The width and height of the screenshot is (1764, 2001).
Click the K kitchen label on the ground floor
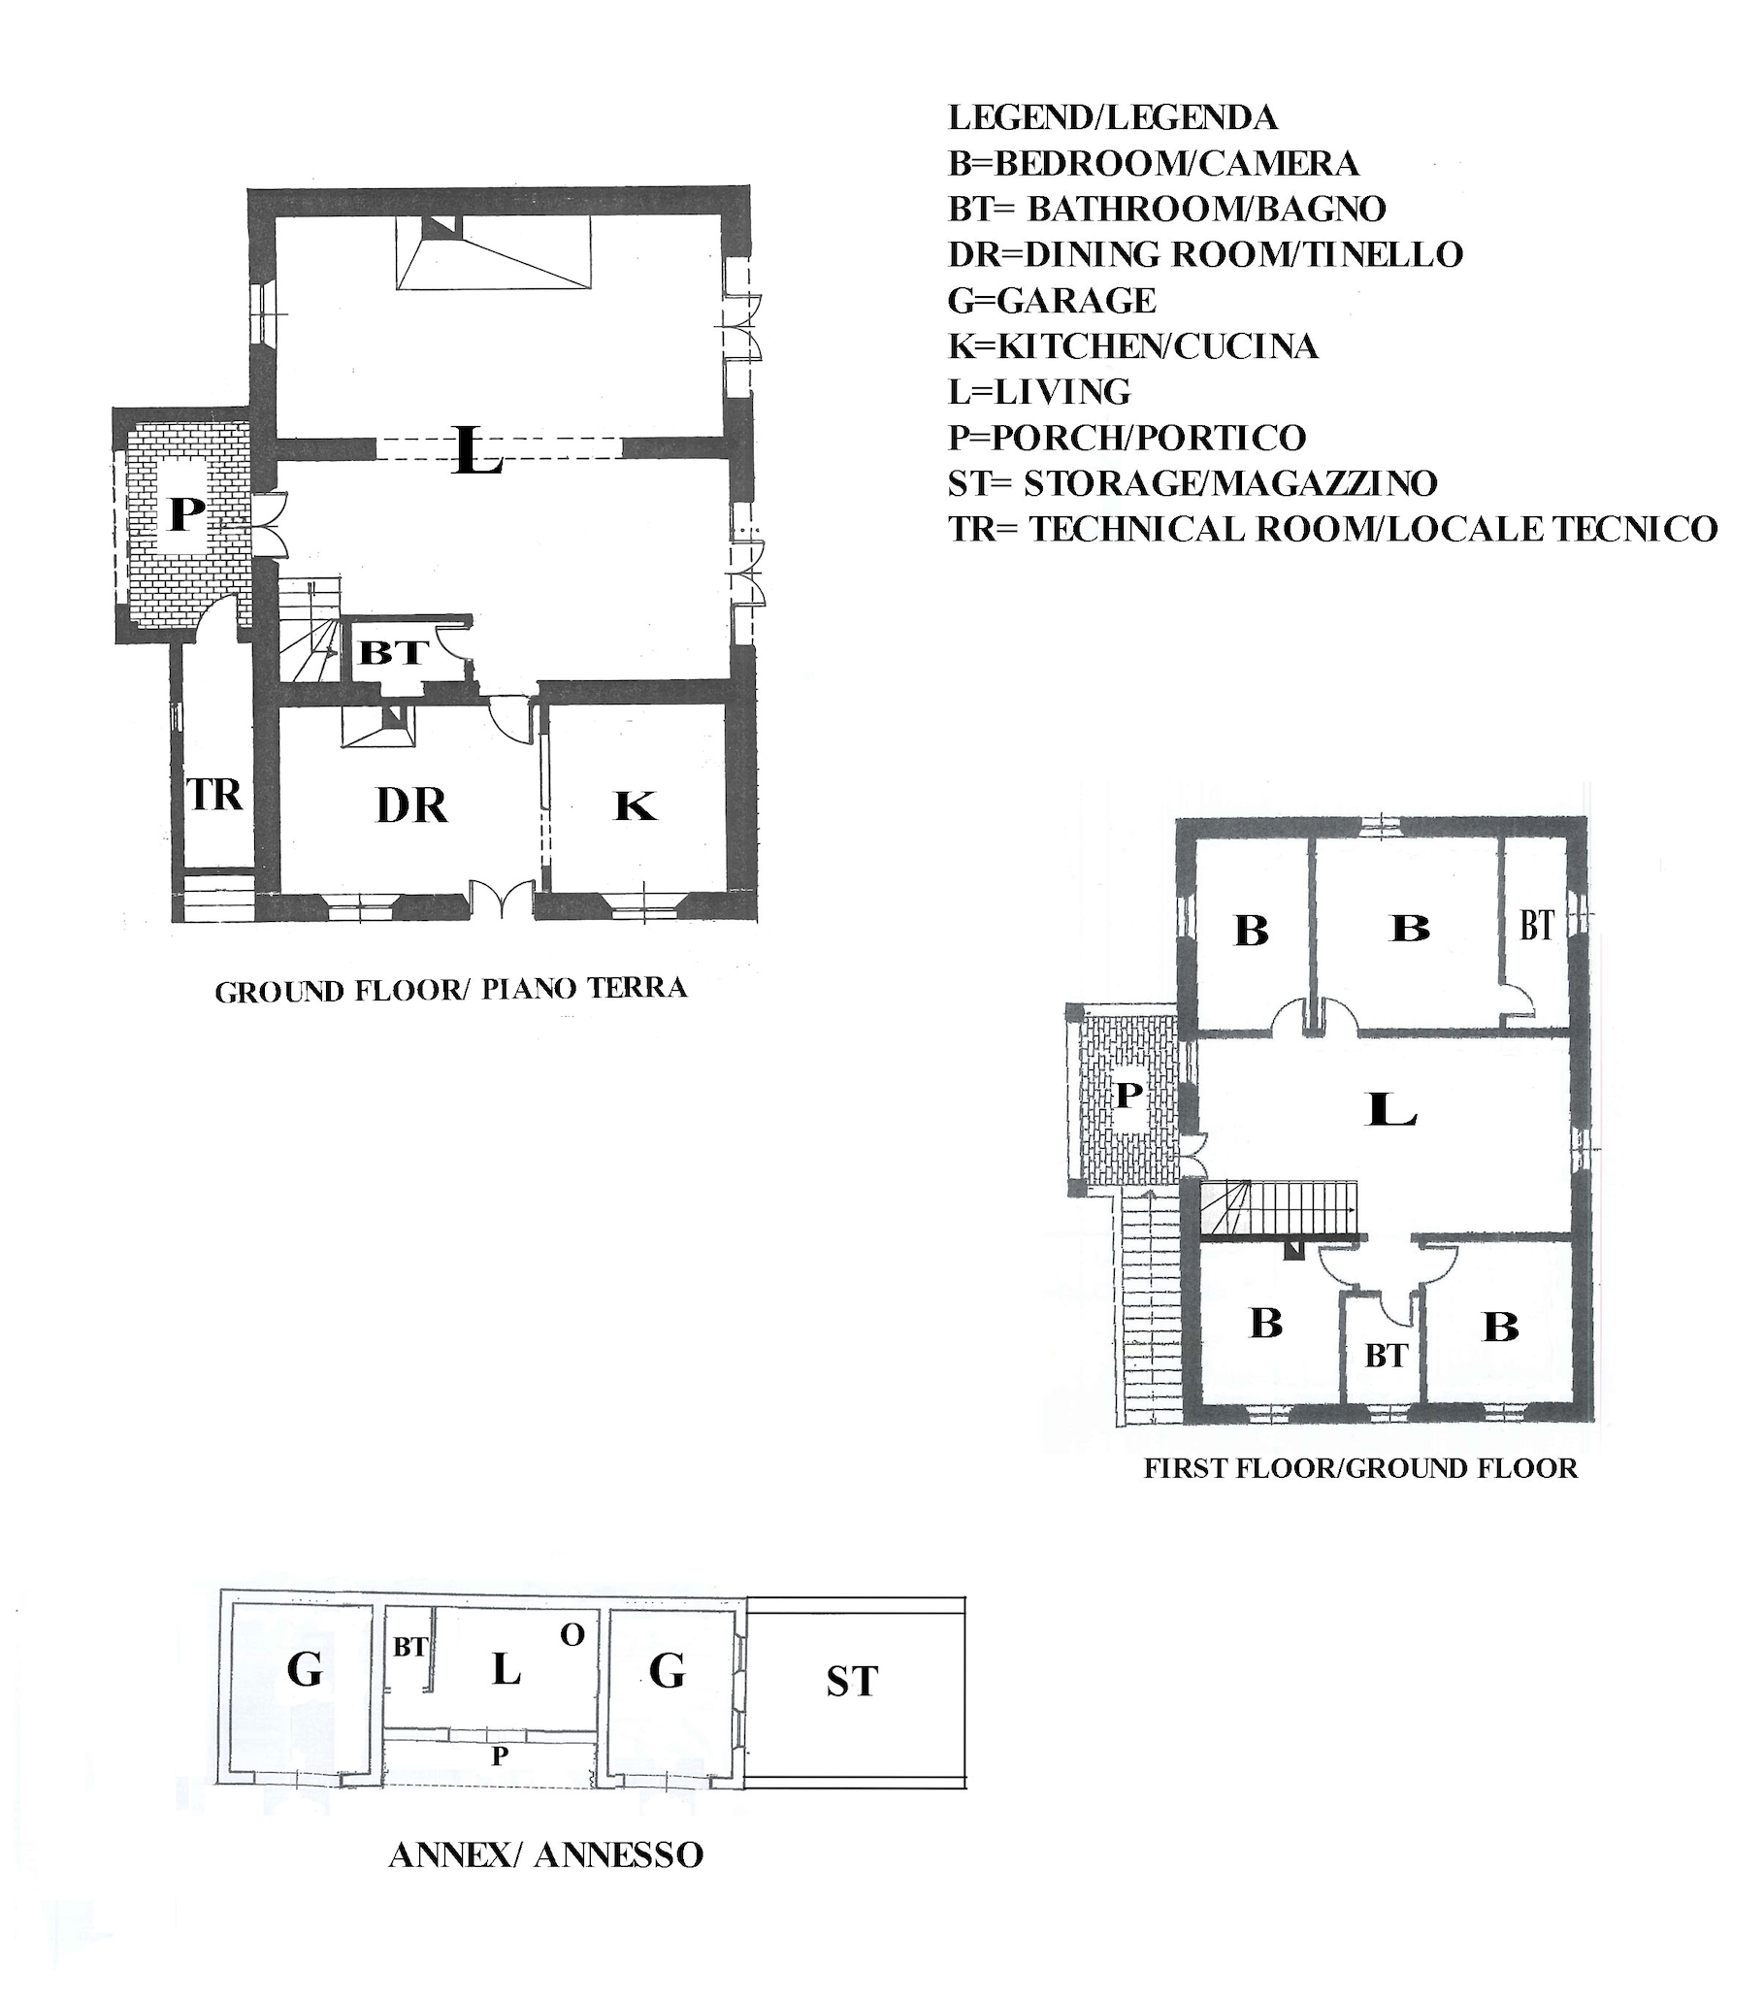click(x=635, y=806)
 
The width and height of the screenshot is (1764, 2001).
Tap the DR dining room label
click(x=411, y=805)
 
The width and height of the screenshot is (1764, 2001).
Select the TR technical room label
click(x=213, y=795)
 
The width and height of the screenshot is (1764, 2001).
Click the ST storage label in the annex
click(x=852, y=1682)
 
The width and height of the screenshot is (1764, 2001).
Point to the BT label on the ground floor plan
click(x=394, y=652)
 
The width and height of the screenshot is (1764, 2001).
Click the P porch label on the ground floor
click(x=186, y=514)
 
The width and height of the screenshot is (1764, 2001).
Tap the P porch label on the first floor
click(x=1128, y=1095)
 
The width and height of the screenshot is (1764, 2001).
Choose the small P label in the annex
click(x=500, y=1756)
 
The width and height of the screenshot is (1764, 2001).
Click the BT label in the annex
click(x=410, y=1648)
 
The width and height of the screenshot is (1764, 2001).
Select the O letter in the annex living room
click(x=572, y=1634)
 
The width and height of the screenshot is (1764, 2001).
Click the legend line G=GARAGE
click(x=1052, y=300)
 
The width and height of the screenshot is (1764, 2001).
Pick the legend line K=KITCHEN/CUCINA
click(x=1132, y=345)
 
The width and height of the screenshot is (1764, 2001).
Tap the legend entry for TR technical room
click(x=1332, y=529)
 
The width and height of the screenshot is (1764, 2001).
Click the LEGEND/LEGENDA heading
click(x=1113, y=117)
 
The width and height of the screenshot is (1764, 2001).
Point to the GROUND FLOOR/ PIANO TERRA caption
click(x=450, y=990)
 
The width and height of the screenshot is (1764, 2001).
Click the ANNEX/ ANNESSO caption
click(x=546, y=1854)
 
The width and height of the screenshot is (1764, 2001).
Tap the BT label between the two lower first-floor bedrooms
click(x=1387, y=1356)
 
